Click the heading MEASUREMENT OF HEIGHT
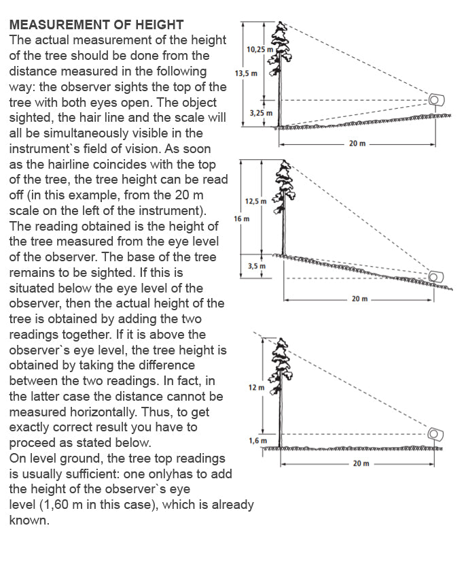96,24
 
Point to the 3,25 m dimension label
261,113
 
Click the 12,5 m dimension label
256,201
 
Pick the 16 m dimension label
241,219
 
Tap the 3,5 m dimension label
257,266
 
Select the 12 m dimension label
256,387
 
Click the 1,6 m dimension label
257,441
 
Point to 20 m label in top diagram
357,144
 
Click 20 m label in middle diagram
360,299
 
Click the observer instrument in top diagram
435,101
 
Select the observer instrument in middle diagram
435,276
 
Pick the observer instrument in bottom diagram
435,433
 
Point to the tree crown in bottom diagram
281,354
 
